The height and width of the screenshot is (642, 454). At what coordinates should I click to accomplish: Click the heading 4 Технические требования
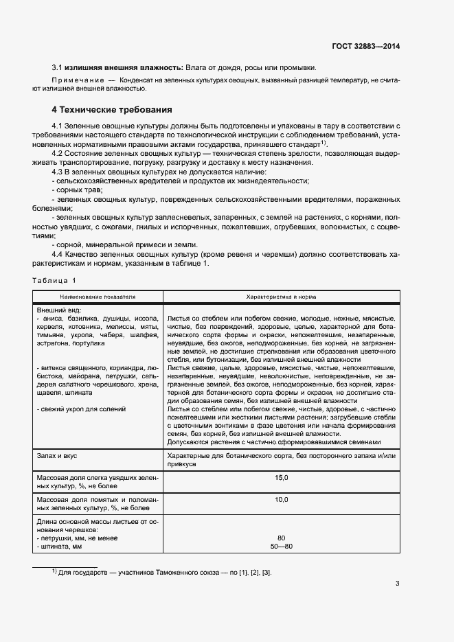[112, 109]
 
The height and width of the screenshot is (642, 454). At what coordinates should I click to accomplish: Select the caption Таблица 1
[55, 281]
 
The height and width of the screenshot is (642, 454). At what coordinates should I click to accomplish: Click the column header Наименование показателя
[98, 297]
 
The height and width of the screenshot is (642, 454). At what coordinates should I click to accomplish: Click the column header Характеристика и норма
[282, 297]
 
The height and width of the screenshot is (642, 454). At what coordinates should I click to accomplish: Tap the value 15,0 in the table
[282, 477]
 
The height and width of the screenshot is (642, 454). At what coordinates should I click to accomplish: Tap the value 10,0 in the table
[282, 500]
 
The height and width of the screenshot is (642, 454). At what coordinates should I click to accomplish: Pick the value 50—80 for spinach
[282, 546]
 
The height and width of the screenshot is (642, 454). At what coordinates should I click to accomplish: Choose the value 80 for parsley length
[282, 538]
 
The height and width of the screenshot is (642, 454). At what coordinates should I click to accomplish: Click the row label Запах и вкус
[61, 455]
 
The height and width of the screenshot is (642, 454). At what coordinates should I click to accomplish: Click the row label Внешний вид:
[58, 310]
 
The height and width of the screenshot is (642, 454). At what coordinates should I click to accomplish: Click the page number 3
[397, 584]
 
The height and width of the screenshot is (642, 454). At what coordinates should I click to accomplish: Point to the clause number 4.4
[58, 254]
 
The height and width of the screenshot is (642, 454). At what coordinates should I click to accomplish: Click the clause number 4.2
[58, 155]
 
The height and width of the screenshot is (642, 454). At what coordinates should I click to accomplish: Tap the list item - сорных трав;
[77, 190]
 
